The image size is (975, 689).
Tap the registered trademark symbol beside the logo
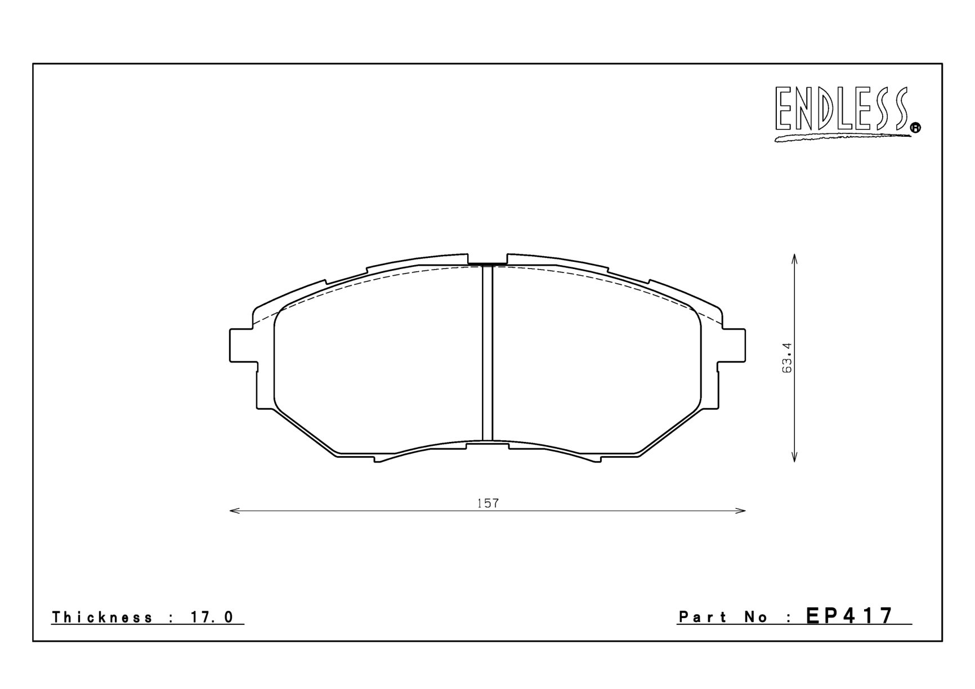[915, 129]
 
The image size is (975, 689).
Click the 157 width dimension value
[487, 503]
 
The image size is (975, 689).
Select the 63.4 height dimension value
[787, 357]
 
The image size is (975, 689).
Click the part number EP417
[849, 616]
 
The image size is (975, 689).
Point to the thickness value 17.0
[212, 618]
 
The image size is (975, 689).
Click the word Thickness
[102, 618]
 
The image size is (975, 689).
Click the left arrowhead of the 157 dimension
[234, 511]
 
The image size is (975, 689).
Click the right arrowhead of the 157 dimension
[741, 511]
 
